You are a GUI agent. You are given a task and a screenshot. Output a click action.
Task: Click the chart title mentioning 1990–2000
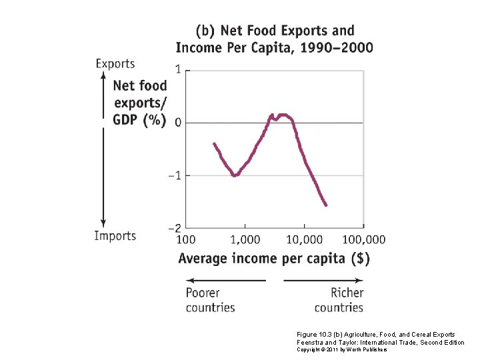point(274,39)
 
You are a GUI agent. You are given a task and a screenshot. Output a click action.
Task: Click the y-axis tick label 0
point(178,123)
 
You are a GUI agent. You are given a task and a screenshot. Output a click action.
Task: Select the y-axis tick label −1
point(175,175)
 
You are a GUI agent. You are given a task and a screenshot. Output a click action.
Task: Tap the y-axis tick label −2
point(175,228)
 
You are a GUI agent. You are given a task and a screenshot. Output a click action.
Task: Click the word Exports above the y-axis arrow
point(115,64)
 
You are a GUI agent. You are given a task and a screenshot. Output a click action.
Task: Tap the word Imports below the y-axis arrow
point(115,235)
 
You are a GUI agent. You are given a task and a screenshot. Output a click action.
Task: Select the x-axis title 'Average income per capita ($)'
point(274,259)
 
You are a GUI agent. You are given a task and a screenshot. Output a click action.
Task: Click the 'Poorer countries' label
point(210,300)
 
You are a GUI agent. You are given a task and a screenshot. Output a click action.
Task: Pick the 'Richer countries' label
point(339,300)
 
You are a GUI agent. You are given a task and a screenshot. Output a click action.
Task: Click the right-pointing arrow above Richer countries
point(323,281)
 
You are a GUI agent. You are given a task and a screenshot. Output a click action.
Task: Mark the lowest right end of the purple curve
point(326,205)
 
